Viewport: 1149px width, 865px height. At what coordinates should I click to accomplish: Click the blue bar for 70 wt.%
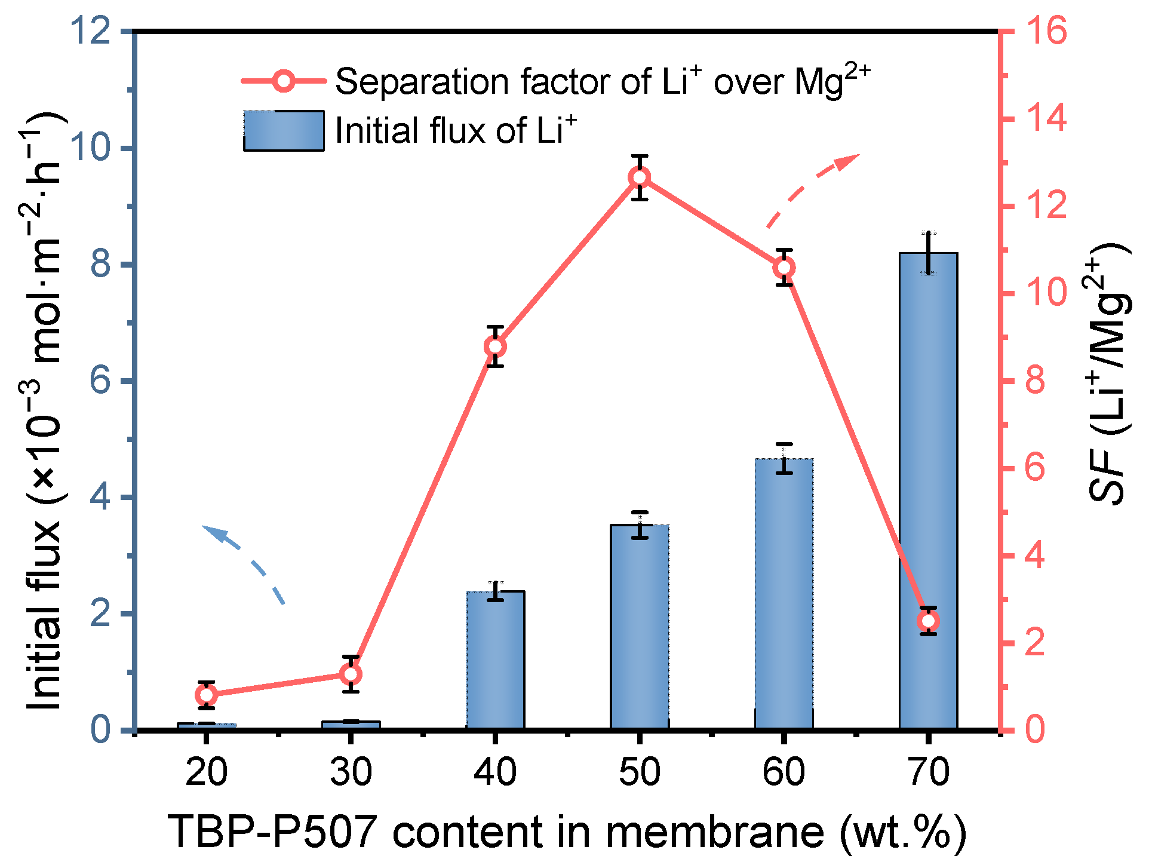(928, 490)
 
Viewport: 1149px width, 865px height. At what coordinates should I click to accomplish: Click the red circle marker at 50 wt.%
(640, 177)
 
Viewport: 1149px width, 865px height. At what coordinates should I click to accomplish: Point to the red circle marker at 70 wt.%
(928, 621)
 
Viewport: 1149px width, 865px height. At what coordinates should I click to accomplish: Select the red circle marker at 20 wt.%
(206, 695)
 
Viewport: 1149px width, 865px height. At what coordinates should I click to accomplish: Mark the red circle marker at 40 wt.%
(495, 346)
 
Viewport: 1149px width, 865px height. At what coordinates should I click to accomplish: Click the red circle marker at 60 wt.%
(784, 268)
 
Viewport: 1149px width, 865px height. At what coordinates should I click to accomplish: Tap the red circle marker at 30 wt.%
(351, 674)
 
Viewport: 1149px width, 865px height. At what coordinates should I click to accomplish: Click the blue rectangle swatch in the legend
(284, 130)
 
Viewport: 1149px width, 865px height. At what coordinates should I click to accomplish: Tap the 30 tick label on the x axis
(351, 772)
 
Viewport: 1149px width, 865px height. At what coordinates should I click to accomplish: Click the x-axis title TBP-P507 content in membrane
(567, 832)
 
